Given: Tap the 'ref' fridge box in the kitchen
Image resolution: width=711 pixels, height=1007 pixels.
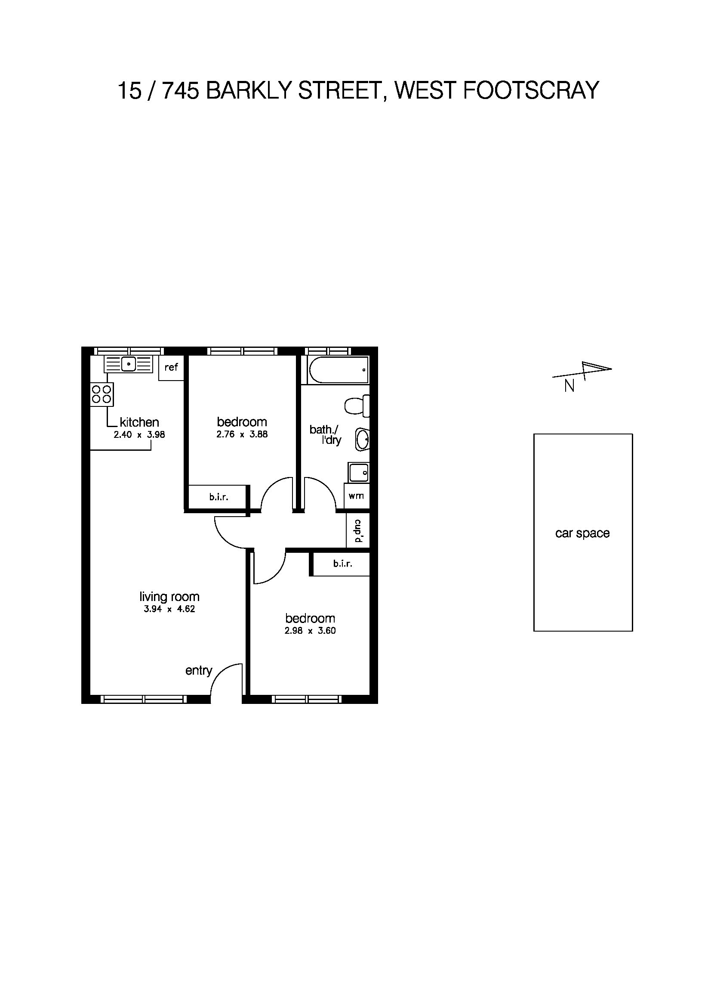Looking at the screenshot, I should [171, 368].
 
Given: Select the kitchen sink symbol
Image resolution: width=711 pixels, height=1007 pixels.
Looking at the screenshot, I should [129, 364].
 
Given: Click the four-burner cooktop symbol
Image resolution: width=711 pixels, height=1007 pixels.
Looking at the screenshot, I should [102, 394].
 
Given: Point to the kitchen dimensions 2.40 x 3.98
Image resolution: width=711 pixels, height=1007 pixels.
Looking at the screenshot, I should [139, 435].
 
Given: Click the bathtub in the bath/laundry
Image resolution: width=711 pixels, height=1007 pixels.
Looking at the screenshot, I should [338, 369].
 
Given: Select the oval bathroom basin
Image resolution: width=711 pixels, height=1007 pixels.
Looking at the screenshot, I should [362, 439].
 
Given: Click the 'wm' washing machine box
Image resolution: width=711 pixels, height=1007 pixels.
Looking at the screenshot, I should [356, 496].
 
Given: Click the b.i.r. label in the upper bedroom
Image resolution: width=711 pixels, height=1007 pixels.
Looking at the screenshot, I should [219, 497].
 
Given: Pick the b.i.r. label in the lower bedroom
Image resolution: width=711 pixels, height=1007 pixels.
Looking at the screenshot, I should [342, 564].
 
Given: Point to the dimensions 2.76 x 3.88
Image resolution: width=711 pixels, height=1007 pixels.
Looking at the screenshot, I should [242, 435].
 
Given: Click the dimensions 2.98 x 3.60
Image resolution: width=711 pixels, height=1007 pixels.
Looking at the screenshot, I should [310, 631].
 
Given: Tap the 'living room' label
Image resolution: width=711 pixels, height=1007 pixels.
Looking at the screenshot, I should [169, 596].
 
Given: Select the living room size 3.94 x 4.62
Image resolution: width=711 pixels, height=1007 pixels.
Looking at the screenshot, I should [169, 609].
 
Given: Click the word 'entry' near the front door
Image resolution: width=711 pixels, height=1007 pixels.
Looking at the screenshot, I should [198, 671].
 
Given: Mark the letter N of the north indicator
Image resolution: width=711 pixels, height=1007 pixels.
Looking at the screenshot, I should [569, 386].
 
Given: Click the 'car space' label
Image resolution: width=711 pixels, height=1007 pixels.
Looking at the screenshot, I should [582, 533].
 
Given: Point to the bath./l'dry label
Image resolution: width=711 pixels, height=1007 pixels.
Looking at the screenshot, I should [325, 435].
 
